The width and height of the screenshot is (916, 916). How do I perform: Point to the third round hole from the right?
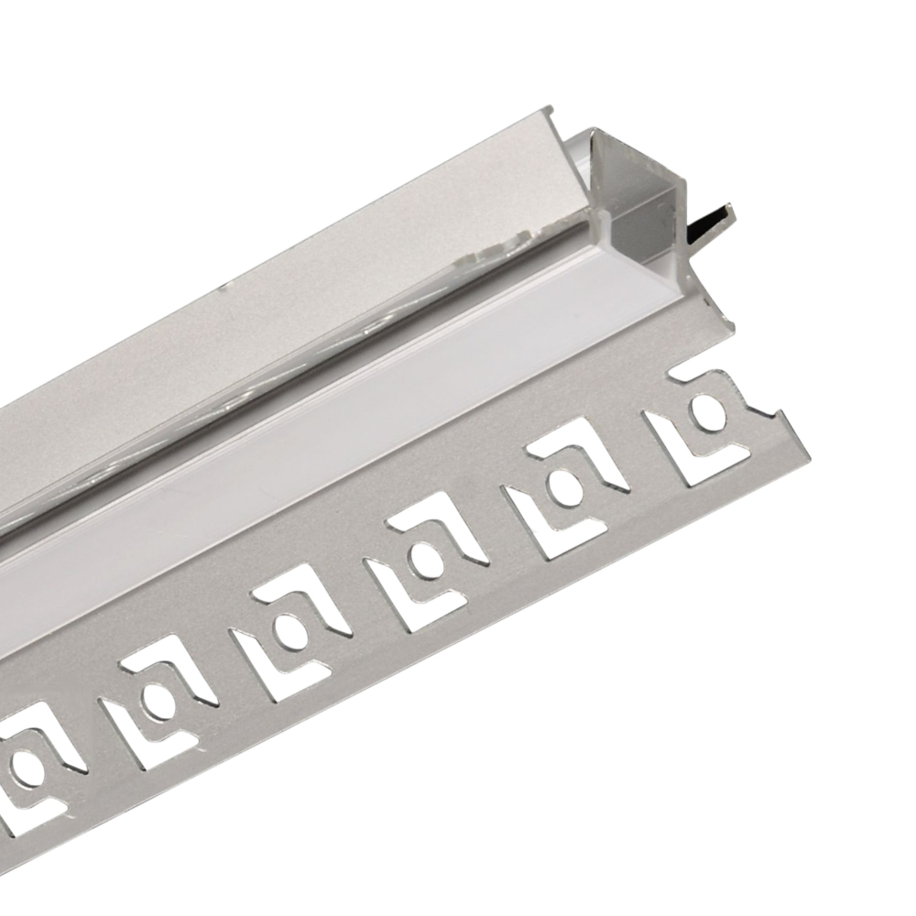pos(424,555)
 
